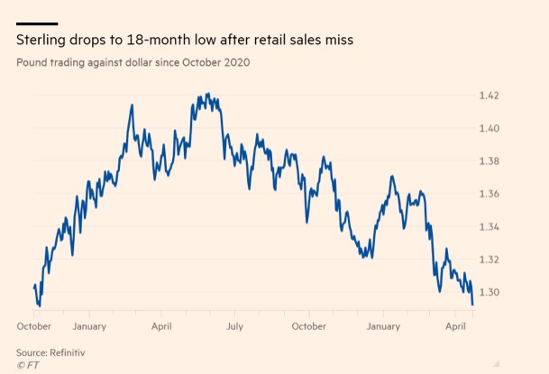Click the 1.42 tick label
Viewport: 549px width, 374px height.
[488, 96]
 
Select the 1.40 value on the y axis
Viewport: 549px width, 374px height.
[488, 128]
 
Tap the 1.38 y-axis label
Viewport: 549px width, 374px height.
[488, 161]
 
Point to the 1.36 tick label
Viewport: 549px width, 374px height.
[488, 194]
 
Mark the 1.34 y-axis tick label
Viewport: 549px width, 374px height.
[488, 226]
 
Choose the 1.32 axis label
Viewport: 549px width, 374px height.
[488, 260]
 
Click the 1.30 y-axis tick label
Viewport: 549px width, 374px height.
[488, 292]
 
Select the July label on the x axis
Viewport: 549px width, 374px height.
[235, 325]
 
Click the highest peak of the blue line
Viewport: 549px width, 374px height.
[208, 94]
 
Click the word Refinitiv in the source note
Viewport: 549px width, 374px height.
[75, 351]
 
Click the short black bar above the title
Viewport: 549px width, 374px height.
[37, 23]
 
